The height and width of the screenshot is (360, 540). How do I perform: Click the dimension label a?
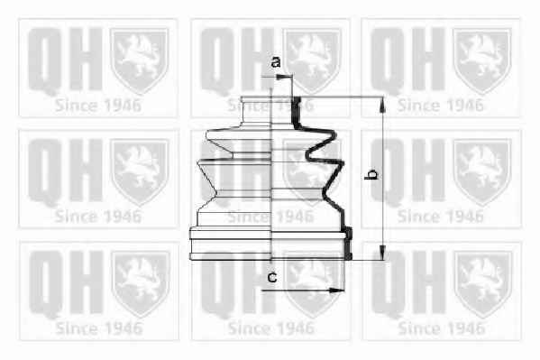click(276, 62)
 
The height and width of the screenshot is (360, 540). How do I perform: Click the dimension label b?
click(371, 174)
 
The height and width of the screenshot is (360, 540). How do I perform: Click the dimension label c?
click(272, 277)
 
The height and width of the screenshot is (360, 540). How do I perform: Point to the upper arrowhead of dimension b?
click(382, 105)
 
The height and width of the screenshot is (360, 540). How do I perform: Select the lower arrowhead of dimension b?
click(382, 252)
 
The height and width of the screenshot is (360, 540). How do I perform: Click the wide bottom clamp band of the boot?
click(270, 245)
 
